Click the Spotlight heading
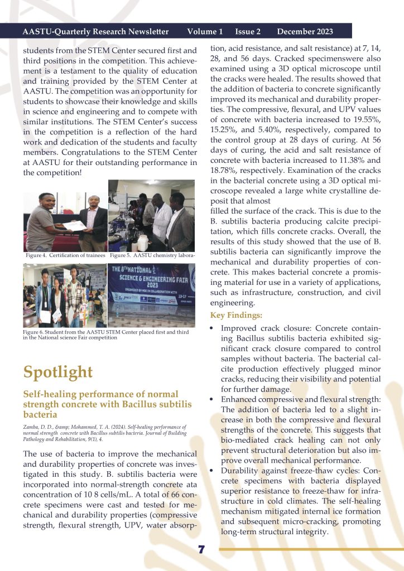pyautogui.click(x=58, y=372)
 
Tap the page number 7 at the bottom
pyautogui.click(x=201, y=550)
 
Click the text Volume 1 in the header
pyautogui.click(x=205, y=31)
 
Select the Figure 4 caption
pyautogui.click(x=65, y=255)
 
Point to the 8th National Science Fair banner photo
pyautogui.click(x=152, y=294)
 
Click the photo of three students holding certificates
pyautogui.click(x=65, y=294)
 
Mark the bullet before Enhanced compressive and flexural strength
pyautogui.click(x=212, y=399)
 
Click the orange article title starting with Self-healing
pyautogui.click(x=107, y=404)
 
